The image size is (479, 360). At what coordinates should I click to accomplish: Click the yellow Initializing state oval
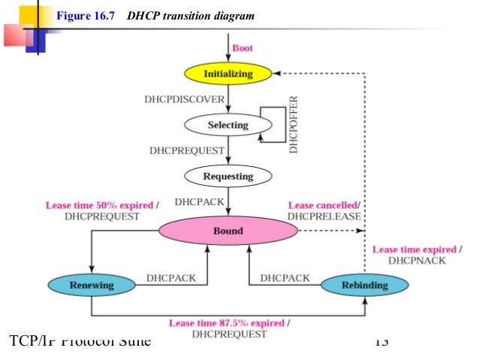[x=228, y=74]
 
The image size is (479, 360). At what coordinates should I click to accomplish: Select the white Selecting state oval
[x=227, y=124]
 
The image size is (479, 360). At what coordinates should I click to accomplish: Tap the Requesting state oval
[x=228, y=177]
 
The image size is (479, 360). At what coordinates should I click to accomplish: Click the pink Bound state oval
[x=227, y=231]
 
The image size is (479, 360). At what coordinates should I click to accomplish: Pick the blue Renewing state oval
[x=92, y=285]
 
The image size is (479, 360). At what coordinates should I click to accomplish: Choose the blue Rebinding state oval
[x=365, y=285]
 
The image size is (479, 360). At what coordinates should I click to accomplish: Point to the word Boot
[x=243, y=48]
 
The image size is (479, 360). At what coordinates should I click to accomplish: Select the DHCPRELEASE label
[x=324, y=216]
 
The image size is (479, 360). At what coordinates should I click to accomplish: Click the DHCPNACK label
[x=417, y=261]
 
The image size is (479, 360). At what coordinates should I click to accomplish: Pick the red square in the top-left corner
[x=13, y=34]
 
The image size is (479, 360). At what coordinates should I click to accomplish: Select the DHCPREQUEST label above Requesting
[x=187, y=150]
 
